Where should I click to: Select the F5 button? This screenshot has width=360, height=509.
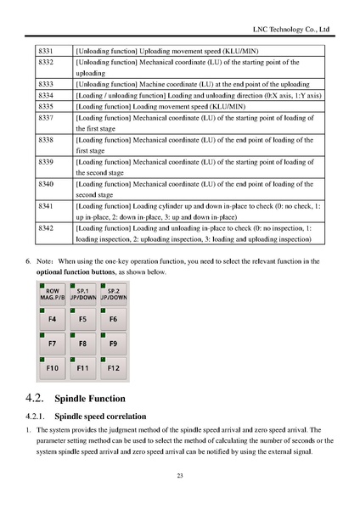(83, 319)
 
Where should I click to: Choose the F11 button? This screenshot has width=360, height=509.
(83, 369)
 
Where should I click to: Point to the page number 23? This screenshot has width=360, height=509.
(180, 476)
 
